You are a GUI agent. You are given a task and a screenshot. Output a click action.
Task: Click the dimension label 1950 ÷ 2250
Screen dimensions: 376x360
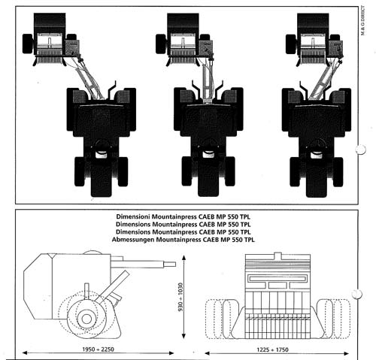[x=98, y=349]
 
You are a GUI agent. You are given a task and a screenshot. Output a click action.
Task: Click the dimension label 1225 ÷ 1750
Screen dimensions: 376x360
[x=272, y=349]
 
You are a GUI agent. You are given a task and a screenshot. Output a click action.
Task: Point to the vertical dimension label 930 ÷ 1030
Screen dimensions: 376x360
[x=180, y=297]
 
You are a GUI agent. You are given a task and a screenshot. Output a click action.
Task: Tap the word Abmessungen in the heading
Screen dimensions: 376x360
[x=133, y=240]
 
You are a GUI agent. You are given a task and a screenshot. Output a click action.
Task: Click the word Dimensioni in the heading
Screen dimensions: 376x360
[x=133, y=216]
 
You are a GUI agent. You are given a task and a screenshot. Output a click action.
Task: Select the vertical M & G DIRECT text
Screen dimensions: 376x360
[x=363, y=20]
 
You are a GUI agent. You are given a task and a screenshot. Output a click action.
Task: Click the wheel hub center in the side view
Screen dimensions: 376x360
[x=86, y=319]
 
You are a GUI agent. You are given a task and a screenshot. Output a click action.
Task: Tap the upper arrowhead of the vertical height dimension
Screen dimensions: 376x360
[x=184, y=258]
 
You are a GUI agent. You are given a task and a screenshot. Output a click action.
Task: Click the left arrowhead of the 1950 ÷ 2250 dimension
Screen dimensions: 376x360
[x=25, y=353]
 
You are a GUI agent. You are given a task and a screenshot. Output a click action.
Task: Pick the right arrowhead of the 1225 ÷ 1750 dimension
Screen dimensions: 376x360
[x=346, y=353]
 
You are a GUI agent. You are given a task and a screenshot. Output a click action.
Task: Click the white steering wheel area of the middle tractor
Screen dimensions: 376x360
[x=208, y=154]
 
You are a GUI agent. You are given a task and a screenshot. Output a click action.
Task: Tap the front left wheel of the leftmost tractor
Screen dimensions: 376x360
[x=80, y=171]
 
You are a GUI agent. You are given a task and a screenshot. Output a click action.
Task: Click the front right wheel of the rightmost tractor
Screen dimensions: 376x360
[x=338, y=172]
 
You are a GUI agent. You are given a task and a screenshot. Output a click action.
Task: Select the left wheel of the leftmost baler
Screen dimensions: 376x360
[x=28, y=44]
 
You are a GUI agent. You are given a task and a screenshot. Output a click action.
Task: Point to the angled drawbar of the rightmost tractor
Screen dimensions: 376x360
[x=323, y=80]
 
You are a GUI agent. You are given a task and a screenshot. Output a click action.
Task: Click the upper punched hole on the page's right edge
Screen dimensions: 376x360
[x=361, y=150]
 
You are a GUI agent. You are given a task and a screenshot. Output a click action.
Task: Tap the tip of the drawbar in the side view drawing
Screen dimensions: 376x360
[x=175, y=265]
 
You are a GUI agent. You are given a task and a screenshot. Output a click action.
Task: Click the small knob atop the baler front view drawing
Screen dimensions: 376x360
[x=277, y=256]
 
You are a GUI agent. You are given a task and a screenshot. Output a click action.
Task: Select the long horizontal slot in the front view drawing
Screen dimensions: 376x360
[x=277, y=278]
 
